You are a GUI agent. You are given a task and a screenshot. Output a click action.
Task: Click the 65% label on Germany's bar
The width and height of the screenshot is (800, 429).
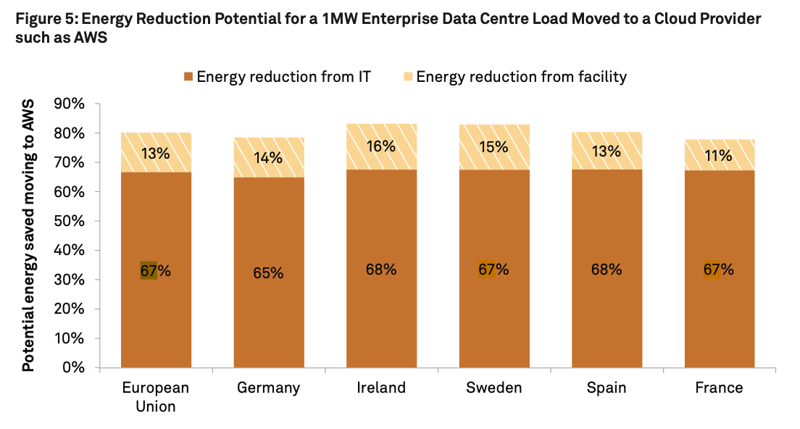(x=268, y=273)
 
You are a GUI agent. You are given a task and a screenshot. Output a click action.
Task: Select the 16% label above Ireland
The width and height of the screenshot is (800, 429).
(x=381, y=146)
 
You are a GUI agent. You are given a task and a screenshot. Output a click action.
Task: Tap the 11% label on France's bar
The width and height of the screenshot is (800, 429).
(x=718, y=155)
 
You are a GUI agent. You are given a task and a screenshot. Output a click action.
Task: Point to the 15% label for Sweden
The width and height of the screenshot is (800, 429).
(x=493, y=147)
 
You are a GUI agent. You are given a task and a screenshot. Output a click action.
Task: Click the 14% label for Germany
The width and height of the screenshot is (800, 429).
(x=268, y=157)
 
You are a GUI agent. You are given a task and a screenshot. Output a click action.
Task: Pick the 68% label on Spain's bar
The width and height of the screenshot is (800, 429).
(x=606, y=270)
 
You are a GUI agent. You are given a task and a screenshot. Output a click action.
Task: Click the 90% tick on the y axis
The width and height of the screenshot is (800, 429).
(x=70, y=104)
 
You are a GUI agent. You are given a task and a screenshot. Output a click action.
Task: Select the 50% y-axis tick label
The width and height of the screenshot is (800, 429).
(x=70, y=221)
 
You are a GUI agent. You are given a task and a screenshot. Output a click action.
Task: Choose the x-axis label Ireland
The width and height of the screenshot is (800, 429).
(x=381, y=388)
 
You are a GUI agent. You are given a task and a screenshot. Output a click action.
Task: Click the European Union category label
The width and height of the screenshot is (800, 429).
(x=156, y=397)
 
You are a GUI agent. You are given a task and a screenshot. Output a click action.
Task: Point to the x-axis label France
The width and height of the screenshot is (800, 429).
(x=719, y=388)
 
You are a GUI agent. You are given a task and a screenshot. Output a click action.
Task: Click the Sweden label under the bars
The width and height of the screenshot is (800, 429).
(x=493, y=388)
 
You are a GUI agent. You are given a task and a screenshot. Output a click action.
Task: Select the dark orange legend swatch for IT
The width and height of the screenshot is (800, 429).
(x=189, y=77)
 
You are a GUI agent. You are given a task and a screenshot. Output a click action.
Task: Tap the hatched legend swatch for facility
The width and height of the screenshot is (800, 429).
(x=408, y=77)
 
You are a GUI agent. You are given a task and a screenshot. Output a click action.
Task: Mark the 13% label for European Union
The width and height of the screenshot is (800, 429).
(x=156, y=154)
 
